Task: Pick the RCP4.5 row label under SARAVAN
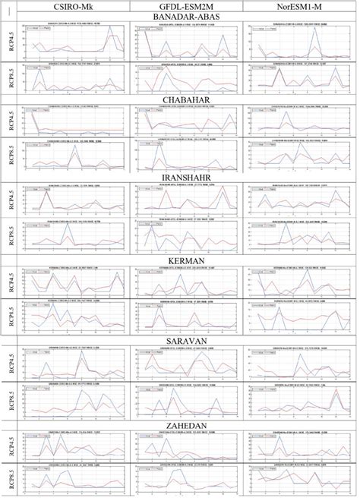click(x=9, y=362)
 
